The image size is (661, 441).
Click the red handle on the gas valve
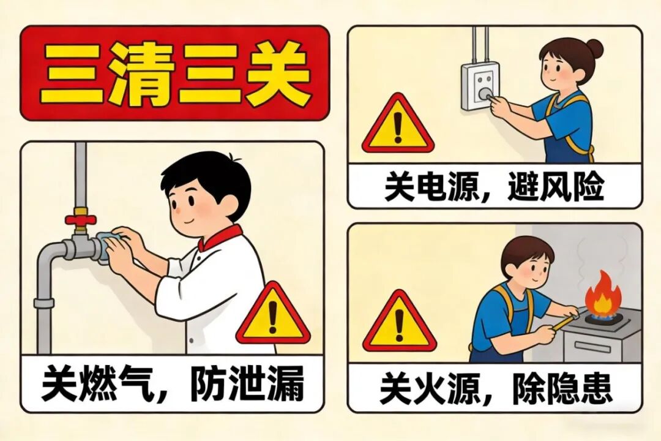(81, 220)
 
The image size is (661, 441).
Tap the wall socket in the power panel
(480, 86)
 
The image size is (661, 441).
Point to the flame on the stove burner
(603, 294)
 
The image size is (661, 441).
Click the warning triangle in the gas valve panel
(273, 314)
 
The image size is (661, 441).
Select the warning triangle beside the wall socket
(398, 124)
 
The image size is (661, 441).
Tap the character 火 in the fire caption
(431, 388)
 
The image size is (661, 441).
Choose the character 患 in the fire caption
(594, 388)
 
